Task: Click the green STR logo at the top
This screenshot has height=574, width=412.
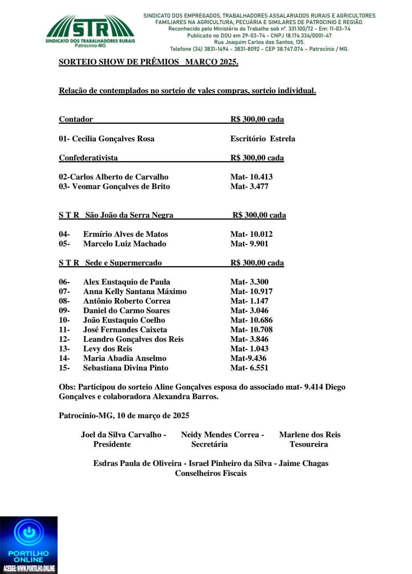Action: click(x=90, y=31)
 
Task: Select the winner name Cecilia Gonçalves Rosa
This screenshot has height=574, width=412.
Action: click(x=113, y=139)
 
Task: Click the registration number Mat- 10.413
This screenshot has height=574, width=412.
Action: click(x=251, y=177)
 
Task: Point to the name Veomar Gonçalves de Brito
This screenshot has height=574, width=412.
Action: click(x=121, y=186)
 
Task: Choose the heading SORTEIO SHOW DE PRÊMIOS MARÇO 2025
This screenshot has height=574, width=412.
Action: click(x=148, y=62)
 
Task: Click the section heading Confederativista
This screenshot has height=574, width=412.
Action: click(x=88, y=158)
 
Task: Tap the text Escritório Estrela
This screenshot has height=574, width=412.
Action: click(x=262, y=139)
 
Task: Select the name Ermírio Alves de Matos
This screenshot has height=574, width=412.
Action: click(x=126, y=234)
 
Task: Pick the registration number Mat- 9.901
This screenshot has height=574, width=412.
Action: click(x=249, y=244)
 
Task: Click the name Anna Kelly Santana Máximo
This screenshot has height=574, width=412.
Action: click(x=135, y=291)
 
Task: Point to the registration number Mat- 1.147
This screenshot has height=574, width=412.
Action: click(x=249, y=301)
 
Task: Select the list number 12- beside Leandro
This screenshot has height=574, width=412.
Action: click(x=64, y=339)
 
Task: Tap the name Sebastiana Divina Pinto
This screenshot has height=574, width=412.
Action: click(x=126, y=368)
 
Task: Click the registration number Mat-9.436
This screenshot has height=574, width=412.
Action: click(x=248, y=358)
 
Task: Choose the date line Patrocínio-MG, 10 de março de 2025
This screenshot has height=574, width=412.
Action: click(x=124, y=416)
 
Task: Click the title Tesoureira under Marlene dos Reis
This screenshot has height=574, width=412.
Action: click(x=309, y=444)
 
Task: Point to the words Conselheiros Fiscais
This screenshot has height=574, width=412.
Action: click(x=211, y=473)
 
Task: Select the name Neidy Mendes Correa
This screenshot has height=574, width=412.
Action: click(x=220, y=435)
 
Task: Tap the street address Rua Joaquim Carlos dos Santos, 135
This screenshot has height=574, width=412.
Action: click(x=259, y=42)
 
